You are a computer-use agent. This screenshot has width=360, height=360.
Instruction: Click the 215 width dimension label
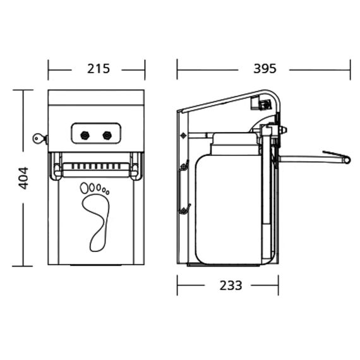coord(99,69)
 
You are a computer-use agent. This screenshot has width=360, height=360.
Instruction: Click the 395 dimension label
coord(265,69)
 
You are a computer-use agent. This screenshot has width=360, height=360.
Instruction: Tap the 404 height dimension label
coord(23,178)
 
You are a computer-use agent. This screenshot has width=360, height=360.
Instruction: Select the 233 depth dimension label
coord(231,285)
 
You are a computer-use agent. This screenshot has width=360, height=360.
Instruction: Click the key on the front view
coord(40,139)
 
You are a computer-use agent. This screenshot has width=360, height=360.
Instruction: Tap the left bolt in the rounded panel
coord(85,135)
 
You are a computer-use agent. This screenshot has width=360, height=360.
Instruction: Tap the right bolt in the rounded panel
coord(107,135)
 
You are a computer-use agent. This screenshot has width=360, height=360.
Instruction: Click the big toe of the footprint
coord(84,188)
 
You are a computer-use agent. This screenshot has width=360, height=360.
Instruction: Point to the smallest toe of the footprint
coord(107,192)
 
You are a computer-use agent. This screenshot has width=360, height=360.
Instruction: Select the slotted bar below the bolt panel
coord(96,169)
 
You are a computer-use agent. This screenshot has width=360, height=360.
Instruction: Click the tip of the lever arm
coord(348,160)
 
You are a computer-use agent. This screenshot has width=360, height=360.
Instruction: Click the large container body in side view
coord(229,209)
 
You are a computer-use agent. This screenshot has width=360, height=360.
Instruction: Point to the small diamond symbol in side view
coord(183,136)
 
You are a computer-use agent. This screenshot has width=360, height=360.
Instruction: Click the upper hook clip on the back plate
coord(184,165)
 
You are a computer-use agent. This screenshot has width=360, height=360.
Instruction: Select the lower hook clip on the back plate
coord(184,209)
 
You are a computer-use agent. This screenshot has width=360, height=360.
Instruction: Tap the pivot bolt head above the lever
coord(284,130)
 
